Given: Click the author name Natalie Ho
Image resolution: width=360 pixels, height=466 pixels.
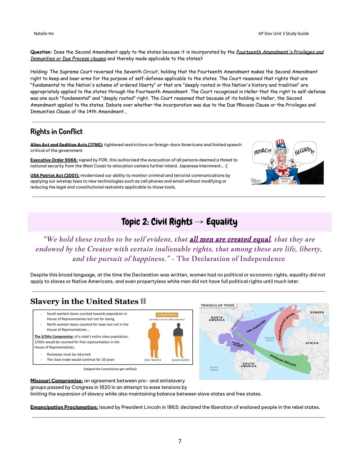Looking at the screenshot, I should tap(44, 33).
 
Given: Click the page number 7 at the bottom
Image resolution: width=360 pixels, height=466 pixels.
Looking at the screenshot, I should tap(180, 441).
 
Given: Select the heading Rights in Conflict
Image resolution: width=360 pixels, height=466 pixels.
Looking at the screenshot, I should tap(56, 131).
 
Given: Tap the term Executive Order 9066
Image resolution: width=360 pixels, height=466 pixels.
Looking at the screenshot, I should tap(54, 160).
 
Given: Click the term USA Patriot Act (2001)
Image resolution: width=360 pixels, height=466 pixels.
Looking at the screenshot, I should tap(55, 175).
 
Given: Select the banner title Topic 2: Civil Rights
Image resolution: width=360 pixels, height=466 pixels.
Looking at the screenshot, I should tap(179, 222).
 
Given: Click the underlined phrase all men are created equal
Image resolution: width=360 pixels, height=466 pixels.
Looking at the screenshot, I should tap(230, 239).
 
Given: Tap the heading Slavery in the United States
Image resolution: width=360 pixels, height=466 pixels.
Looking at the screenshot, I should tap(84, 301).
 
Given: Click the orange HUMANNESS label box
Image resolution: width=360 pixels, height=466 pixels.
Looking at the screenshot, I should tap(167, 315).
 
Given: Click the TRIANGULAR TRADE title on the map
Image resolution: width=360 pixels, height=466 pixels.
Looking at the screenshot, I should tap(217, 305).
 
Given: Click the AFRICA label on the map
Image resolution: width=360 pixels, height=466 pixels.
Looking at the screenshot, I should tap(312, 343).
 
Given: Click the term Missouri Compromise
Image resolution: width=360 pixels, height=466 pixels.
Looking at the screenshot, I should tap(56, 381).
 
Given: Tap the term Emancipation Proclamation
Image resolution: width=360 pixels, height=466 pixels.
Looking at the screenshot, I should tap(64, 407).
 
